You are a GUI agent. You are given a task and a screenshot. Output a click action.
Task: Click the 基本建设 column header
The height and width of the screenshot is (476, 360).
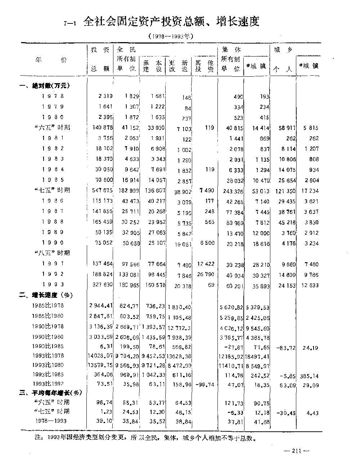[152, 66]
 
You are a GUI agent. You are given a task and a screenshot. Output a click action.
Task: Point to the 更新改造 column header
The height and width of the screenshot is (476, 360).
[178, 66]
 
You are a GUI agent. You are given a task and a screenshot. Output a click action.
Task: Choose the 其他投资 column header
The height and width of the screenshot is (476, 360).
[204, 66]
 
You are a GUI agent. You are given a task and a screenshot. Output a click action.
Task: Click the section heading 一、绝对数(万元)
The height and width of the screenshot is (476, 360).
[45, 86]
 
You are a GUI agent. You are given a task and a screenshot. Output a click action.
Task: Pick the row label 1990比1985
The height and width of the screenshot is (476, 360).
[48, 347]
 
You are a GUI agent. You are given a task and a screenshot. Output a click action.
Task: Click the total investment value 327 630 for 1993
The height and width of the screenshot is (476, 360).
[102, 285]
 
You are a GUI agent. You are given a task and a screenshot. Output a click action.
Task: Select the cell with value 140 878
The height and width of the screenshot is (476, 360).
[102, 127]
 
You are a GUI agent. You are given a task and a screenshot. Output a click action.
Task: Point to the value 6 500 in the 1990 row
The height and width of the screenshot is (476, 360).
[207, 243]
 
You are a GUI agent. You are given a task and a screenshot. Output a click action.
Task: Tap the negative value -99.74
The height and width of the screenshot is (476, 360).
[204, 385]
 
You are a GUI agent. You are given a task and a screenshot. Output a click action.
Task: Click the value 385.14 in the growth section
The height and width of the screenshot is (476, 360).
[309, 376]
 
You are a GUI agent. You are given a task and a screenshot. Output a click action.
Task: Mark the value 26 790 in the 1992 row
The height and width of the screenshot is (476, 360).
[205, 274]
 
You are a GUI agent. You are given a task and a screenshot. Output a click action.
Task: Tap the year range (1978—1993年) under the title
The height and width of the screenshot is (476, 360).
[171, 36]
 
